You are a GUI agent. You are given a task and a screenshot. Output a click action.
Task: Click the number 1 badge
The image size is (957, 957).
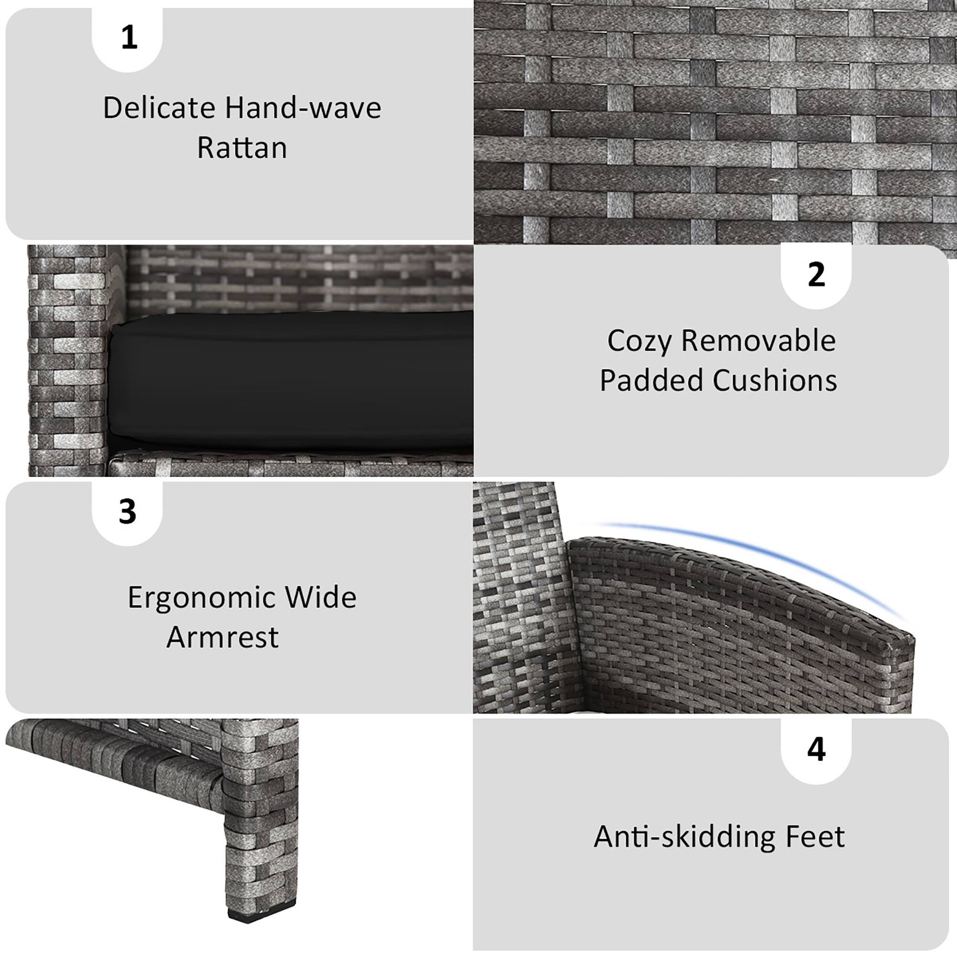128,38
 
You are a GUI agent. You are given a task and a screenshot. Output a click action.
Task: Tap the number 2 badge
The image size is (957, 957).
816,274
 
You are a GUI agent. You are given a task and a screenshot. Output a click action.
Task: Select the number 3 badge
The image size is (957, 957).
127,512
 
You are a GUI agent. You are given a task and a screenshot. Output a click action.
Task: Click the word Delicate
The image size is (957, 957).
159,108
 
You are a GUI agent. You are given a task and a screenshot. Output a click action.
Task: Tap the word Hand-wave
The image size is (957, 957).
303,108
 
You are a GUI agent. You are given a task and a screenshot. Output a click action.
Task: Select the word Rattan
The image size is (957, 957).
242,147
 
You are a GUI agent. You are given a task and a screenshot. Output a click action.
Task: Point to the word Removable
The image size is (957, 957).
758,341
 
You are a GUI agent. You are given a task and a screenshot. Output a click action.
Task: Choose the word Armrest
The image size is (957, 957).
223,637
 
